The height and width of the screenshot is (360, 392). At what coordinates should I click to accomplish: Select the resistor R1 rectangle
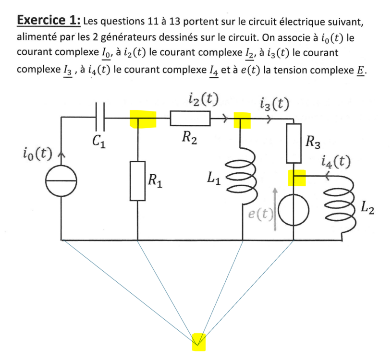(138, 180)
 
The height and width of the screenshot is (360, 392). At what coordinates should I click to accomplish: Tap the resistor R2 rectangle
(190, 118)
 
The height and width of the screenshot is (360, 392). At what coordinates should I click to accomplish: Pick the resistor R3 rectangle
(294, 143)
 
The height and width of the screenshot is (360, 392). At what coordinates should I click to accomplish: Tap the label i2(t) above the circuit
(201, 99)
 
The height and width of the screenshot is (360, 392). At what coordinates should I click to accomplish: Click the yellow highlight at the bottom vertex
(198, 341)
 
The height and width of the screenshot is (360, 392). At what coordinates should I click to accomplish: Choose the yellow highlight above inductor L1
(242, 119)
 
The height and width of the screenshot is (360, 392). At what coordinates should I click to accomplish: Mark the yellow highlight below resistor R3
(296, 178)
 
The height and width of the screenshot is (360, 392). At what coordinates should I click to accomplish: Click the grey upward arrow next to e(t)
(275, 209)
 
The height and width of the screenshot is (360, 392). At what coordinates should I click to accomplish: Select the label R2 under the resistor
(189, 138)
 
